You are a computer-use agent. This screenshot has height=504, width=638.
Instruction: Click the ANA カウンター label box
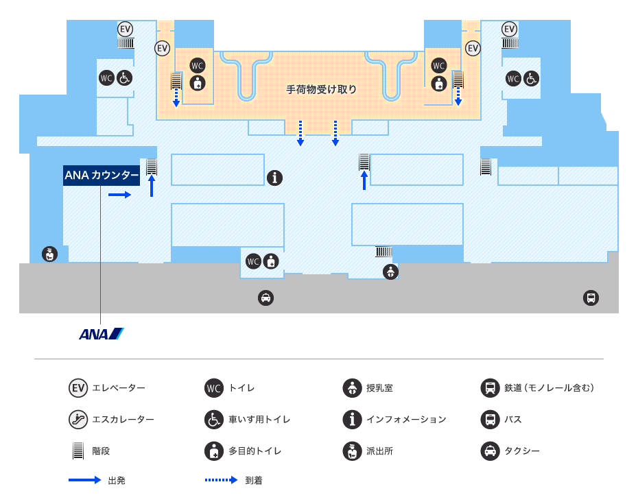tap(102, 176)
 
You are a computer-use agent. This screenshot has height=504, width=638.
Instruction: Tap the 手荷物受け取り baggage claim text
tap(322, 90)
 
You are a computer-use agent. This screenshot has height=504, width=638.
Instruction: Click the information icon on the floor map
tap(274, 178)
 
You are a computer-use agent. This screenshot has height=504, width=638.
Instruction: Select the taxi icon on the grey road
tap(265, 298)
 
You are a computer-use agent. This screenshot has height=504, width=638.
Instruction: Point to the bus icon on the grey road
tap(591, 298)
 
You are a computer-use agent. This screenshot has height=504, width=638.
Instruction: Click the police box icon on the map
tap(49, 254)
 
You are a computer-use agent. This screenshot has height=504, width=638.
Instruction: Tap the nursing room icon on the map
tap(390, 272)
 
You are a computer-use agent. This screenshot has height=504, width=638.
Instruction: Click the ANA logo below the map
tap(102, 334)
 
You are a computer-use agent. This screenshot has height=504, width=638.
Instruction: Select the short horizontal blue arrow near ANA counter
tap(119, 195)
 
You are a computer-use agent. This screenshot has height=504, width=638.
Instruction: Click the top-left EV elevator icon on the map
tap(126, 29)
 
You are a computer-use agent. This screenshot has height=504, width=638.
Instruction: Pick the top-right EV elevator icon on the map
tap(510, 29)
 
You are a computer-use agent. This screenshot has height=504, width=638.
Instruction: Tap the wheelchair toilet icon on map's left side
tap(124, 77)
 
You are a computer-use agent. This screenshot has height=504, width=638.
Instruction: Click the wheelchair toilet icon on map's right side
tap(531, 78)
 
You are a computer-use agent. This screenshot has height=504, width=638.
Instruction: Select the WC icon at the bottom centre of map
tap(253, 261)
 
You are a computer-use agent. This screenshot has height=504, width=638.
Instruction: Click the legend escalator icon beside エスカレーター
tap(78, 420)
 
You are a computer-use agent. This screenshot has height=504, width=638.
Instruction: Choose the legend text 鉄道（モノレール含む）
tap(550, 388)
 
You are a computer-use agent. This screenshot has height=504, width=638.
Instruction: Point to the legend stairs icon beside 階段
tap(78, 451)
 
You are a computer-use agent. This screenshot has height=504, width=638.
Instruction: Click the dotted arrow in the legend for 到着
tap(222, 480)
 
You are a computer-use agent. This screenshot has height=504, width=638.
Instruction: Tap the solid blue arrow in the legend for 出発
tap(84, 480)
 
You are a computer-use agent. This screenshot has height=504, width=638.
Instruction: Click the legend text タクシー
tap(522, 451)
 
